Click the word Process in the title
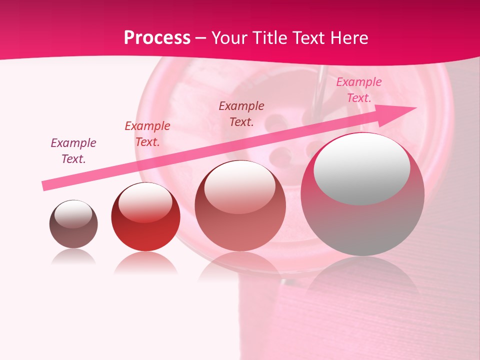157,38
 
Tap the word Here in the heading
348,38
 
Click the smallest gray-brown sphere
73,224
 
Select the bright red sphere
145,217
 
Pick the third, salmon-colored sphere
240,206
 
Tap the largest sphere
362,194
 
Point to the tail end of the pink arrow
45,185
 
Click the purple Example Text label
73,151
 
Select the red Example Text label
147,134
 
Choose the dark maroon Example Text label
241,113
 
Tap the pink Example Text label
359,90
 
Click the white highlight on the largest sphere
361,169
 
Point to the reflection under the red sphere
145,263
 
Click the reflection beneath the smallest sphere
73,257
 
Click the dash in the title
201,38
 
